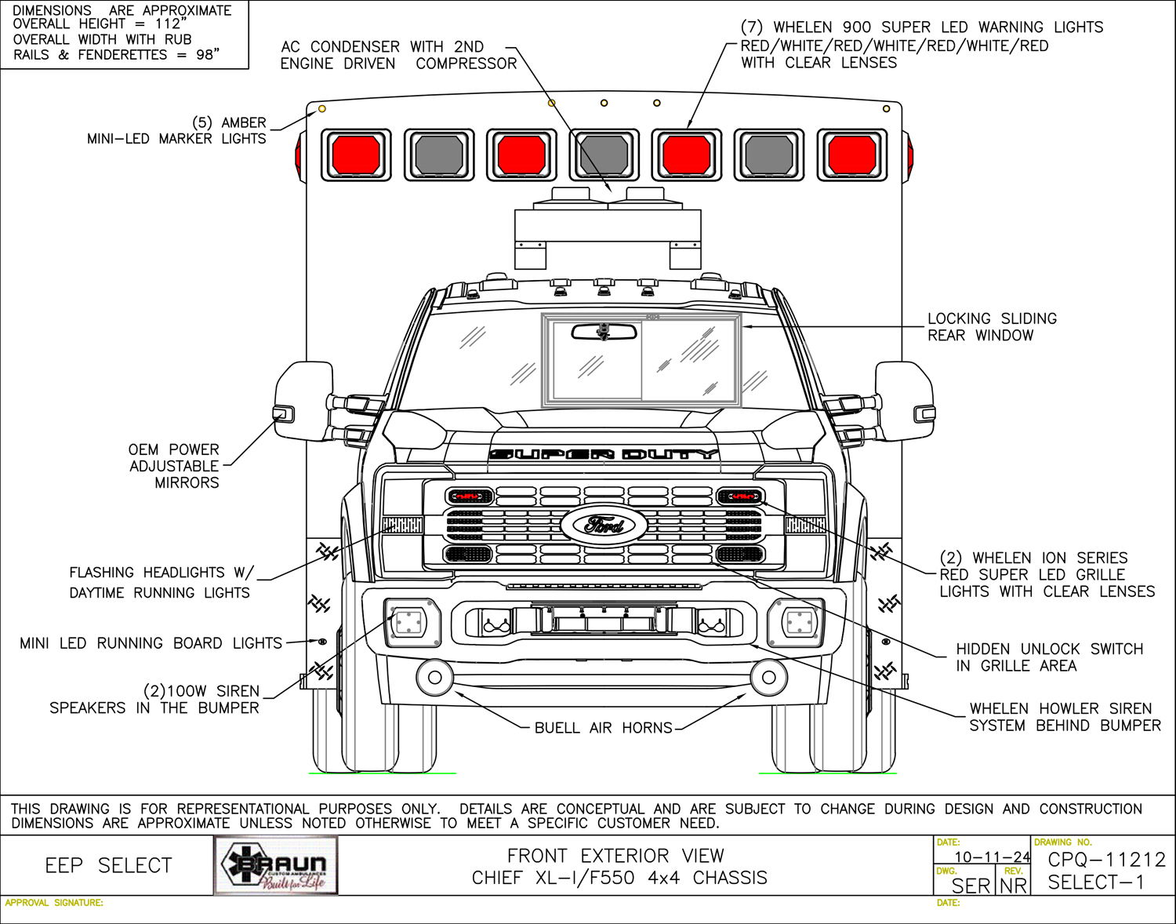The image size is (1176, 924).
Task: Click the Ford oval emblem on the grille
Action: tap(604, 525)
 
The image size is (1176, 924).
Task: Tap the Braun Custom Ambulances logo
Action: tap(276, 866)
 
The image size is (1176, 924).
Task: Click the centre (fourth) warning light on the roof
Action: tap(604, 155)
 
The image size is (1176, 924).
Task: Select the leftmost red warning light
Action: tap(356, 155)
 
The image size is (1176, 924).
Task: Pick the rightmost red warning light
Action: tap(852, 155)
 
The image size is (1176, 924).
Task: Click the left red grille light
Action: tap(469, 497)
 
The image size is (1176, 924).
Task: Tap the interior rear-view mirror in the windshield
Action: tap(604, 332)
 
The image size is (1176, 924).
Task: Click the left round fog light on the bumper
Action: tap(435, 677)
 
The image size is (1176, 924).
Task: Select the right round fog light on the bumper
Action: tap(769, 677)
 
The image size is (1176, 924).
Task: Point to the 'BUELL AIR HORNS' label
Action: tap(603, 728)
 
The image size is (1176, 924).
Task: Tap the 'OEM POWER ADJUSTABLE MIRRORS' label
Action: tap(174, 466)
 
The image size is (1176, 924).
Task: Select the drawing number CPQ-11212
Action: tap(1106, 860)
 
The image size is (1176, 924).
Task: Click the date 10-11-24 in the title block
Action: tap(992, 857)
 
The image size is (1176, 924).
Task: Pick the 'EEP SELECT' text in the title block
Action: tap(108, 866)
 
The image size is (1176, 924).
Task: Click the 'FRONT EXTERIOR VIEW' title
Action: tap(615, 856)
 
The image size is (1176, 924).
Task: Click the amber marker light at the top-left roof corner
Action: tap(321, 109)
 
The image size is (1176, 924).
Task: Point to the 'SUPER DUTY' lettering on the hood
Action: tap(604, 454)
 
